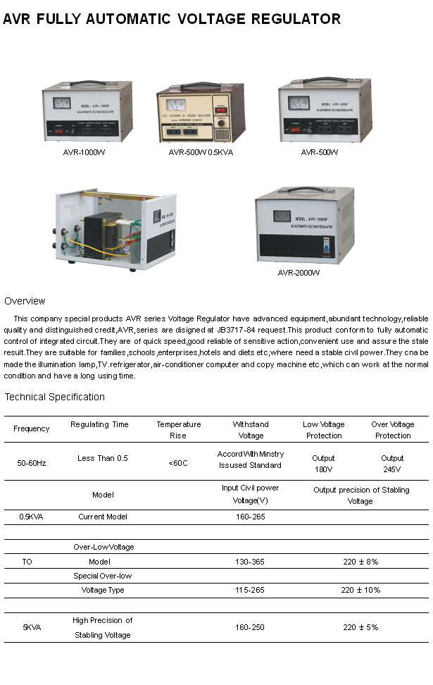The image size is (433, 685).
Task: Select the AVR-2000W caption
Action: [299, 273]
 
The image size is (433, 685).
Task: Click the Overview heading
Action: [25, 301]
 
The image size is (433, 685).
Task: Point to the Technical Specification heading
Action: [54, 397]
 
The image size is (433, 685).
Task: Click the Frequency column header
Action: [32, 428]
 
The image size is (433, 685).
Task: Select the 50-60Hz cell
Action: [32, 463]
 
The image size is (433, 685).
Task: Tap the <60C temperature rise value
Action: [178, 463]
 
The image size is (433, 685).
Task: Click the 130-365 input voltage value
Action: [250, 562]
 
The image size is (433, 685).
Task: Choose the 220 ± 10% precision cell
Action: [360, 590]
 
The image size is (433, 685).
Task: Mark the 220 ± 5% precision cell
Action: [360, 627]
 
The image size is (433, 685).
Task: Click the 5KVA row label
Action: [32, 627]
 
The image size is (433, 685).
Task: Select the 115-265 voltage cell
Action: [250, 590]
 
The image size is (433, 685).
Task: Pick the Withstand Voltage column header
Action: [251, 430]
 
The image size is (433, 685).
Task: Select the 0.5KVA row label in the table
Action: [31, 517]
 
